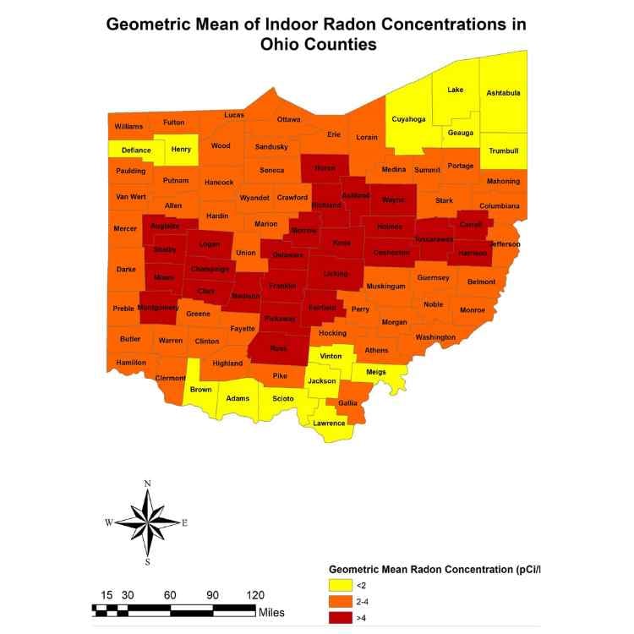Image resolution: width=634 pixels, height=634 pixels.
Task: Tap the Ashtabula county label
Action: click(x=503, y=93)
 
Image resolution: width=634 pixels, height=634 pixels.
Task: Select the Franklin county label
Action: click(x=282, y=287)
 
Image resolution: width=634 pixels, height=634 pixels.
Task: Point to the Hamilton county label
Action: click(x=131, y=362)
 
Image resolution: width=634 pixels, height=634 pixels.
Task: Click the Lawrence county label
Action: click(x=329, y=423)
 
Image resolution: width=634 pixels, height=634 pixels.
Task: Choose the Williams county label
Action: click(x=129, y=127)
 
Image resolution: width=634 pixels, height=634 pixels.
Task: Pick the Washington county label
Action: click(x=435, y=337)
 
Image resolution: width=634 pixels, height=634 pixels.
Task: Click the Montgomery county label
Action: click(x=157, y=308)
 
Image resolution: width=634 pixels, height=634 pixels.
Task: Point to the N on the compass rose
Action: click(x=147, y=484)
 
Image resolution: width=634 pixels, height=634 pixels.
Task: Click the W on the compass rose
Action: click(x=108, y=523)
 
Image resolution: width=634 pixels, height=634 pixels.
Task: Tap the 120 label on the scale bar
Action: click(x=254, y=594)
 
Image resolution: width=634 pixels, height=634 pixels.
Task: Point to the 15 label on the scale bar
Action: click(x=107, y=594)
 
